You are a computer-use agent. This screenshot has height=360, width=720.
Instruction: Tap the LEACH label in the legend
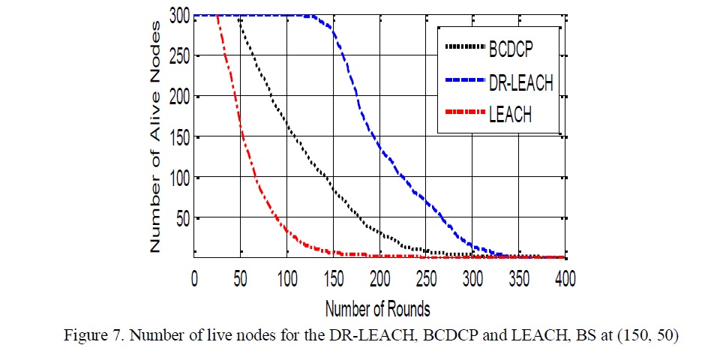[511, 116]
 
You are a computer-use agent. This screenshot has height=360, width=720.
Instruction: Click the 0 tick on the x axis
[194, 279]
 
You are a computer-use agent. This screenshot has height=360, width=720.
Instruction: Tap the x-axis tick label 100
[286, 279]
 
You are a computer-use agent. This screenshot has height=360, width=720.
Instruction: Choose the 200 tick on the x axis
[380, 279]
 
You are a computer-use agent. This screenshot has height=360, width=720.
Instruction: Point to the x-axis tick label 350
[520, 279]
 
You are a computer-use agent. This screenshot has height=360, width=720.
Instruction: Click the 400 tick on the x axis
[565, 279]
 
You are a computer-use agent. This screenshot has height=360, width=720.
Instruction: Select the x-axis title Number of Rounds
[377, 307]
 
